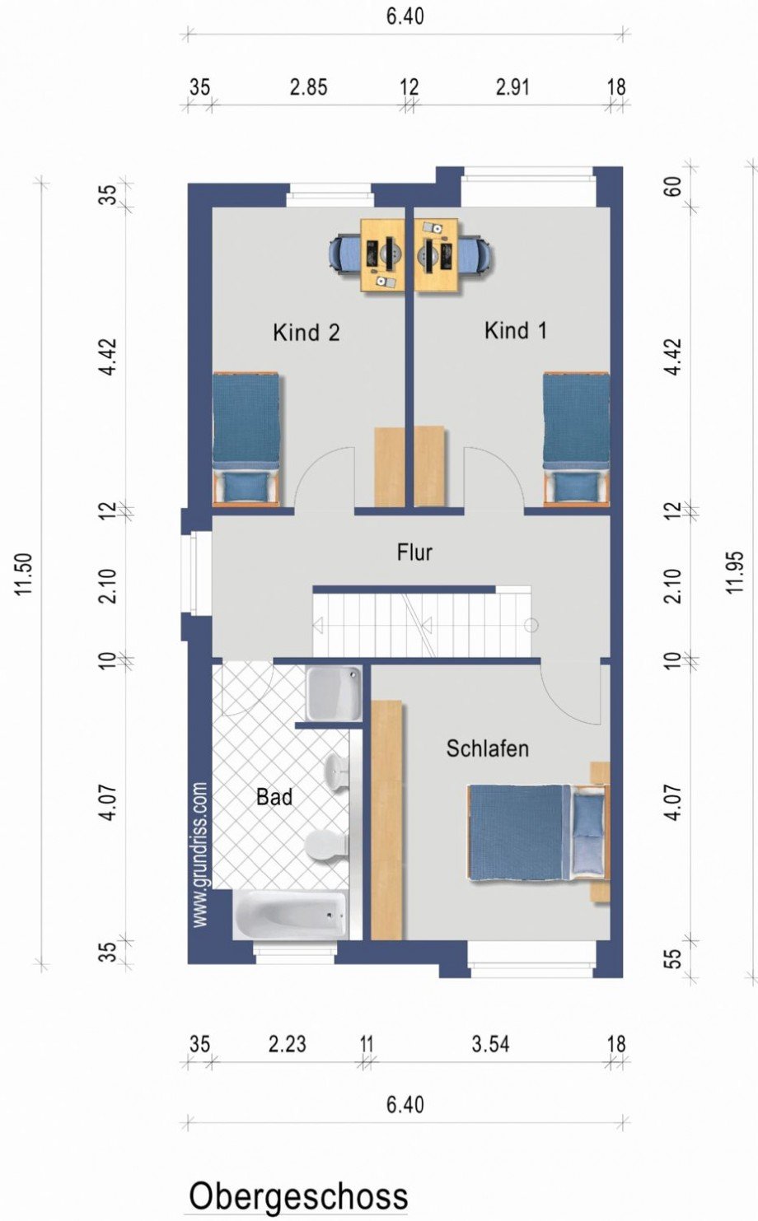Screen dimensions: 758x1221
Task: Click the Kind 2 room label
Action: tap(306, 333)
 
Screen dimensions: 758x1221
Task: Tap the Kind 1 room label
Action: tap(515, 331)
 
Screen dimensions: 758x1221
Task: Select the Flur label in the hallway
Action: tap(414, 552)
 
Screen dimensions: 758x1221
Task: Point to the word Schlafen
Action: tap(488, 748)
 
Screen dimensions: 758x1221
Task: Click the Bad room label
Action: tap(274, 797)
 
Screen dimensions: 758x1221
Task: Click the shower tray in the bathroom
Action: tap(333, 692)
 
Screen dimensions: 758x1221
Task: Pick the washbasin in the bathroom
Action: tap(337, 770)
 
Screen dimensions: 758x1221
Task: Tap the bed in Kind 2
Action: tap(246, 437)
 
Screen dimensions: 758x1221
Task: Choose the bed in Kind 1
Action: tap(577, 437)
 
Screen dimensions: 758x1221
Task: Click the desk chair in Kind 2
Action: tap(344, 254)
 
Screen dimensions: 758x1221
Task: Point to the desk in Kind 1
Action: tap(436, 255)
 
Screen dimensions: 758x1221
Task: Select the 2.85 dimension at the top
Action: tap(308, 88)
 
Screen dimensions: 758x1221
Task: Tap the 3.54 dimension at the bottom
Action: tap(490, 1044)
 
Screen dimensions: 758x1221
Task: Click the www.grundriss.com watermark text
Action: tap(200, 855)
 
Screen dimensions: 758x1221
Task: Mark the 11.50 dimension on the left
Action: tap(24, 575)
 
